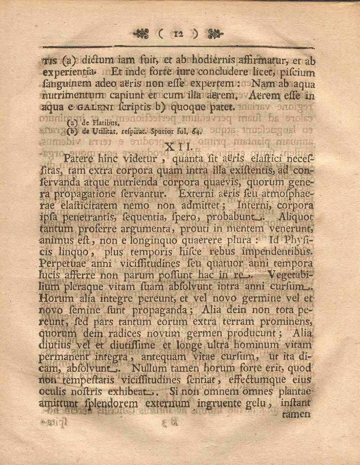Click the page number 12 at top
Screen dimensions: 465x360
[x=178, y=35]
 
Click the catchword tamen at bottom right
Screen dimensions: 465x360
[x=296, y=414]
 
